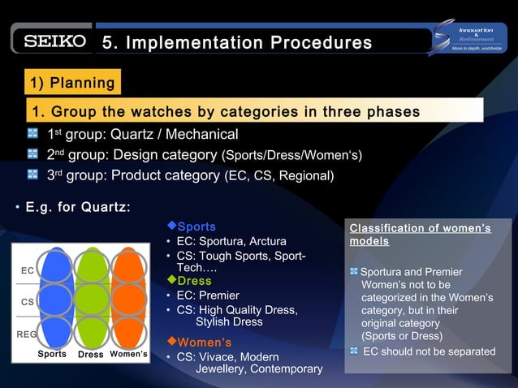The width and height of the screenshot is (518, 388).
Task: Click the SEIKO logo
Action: (54, 41)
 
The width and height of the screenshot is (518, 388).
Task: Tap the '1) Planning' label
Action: (71, 83)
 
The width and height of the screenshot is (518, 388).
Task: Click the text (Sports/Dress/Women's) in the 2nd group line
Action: (291, 155)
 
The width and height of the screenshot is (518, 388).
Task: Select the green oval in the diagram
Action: (91, 298)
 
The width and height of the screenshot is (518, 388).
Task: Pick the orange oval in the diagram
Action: (128, 298)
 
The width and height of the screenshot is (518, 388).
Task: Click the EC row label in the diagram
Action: (27, 270)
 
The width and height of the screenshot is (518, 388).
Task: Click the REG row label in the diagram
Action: (27, 334)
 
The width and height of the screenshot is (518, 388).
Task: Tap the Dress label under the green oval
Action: (90, 355)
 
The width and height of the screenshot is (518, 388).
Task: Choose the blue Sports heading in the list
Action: (196, 226)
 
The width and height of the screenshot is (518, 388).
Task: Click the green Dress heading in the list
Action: (194, 281)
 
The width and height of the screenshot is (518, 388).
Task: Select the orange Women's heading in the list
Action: (204, 342)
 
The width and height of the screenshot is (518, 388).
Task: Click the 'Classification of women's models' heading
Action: (420, 235)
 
